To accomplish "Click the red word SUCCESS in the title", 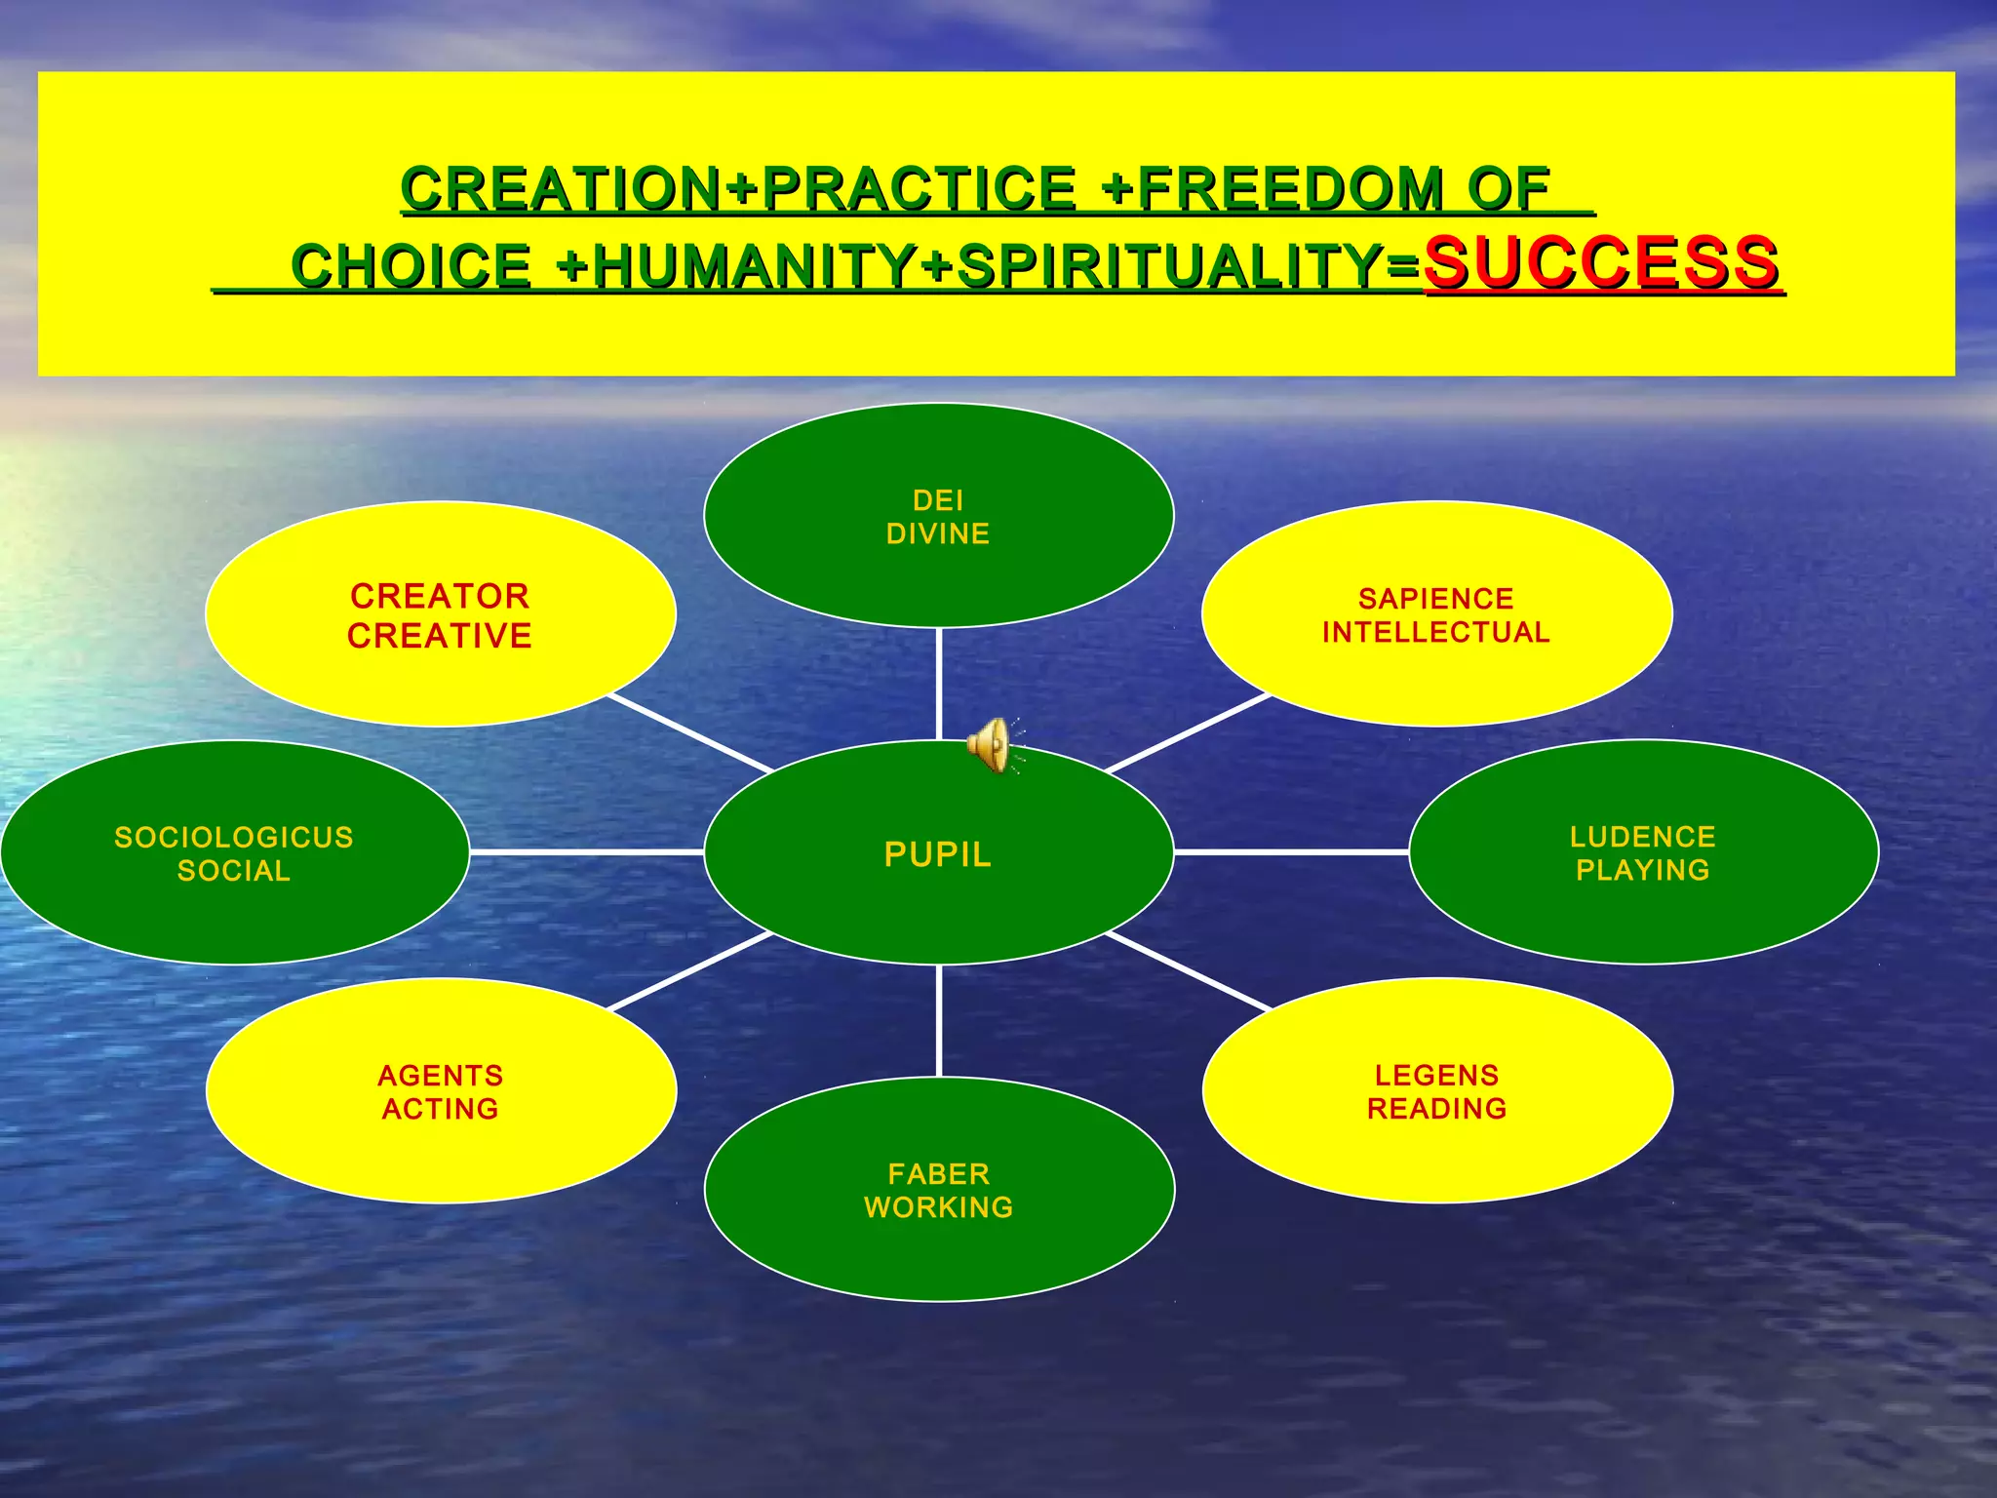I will point(1601,263).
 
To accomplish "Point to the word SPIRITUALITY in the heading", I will point(1170,266).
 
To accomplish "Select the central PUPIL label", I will point(938,854).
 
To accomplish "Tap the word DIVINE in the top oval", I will point(938,533).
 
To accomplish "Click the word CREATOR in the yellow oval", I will point(440,596).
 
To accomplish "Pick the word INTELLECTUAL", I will point(1436,632).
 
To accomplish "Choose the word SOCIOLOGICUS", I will point(234,837).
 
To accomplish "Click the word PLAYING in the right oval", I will point(1643,870).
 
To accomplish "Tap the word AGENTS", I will point(441,1075).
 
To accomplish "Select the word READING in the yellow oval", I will point(1437,1109).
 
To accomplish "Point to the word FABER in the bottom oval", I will point(939,1173).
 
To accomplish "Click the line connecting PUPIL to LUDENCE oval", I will point(1292,852).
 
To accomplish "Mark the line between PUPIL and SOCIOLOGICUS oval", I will point(585,852).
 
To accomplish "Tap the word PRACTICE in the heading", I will point(919,188).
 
